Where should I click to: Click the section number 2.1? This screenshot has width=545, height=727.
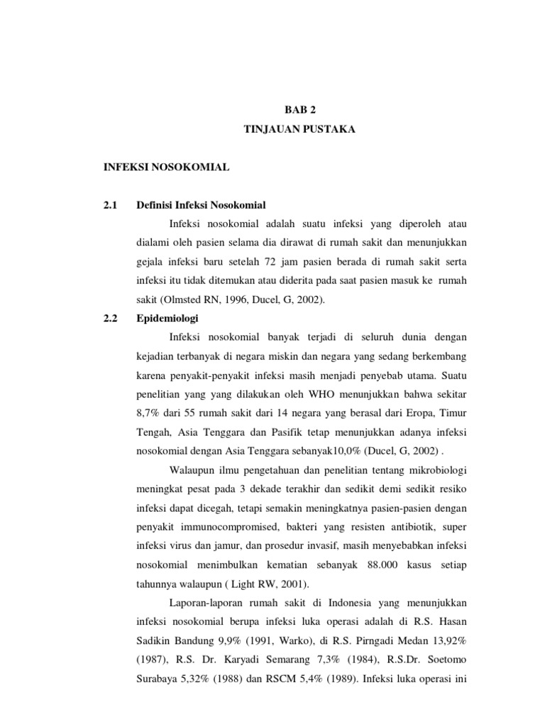[109, 205]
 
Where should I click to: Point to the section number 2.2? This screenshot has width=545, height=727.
[109, 318]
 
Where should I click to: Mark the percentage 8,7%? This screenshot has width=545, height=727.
[147, 412]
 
